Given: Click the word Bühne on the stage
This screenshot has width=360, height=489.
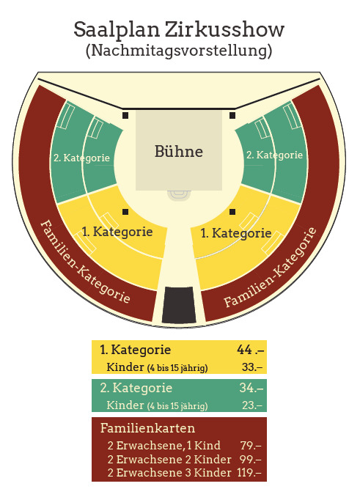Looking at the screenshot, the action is point(179,152).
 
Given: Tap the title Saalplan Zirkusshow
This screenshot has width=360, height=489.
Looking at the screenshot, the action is point(179,30).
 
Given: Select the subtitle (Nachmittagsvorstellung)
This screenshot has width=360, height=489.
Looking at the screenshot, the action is point(179,50).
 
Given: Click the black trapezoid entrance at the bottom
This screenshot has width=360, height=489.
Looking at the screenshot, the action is point(179,305).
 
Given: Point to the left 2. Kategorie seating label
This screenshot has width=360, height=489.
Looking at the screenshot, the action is point(81,158).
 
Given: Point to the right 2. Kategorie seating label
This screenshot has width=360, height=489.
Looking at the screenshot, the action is point(274,155).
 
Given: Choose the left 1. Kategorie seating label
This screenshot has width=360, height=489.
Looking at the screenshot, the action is point(117,232).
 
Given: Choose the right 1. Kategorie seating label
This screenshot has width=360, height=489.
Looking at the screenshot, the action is point(236,233).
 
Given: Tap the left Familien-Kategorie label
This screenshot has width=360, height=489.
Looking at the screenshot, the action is point(86,262).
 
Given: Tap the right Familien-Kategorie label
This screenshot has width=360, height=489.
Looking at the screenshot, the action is point(270,268).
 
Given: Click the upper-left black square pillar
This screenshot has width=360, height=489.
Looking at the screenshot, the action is point(125,115).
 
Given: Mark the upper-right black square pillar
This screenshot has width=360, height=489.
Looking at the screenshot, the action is point(232,115).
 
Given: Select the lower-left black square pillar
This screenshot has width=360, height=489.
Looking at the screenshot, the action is point(125,212).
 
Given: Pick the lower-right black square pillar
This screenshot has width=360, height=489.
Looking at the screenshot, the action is point(232,212).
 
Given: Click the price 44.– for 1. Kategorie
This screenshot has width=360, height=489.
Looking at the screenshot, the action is point(251,350).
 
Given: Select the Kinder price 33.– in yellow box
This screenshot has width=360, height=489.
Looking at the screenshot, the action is point(252,367).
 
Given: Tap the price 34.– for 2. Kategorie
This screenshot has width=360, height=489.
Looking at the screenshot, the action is point(251,388).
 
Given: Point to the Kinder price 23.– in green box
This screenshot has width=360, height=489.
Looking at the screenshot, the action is point(252,405).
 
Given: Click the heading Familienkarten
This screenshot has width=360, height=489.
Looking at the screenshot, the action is point(147,428).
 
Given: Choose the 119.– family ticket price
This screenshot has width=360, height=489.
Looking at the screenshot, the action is point(249,473).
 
